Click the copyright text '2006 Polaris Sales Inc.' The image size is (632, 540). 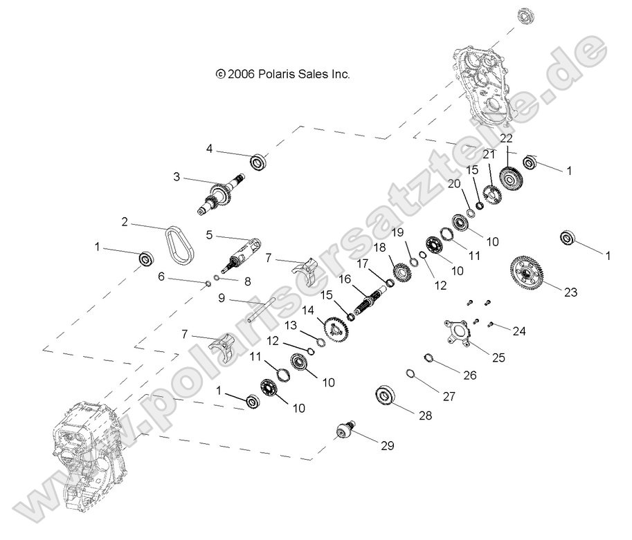283,73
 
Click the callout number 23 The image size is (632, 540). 569,292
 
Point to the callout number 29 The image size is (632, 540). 386,445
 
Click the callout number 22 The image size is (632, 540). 507,138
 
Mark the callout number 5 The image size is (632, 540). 209,234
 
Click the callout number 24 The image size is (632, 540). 518,331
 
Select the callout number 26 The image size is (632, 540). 470,376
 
